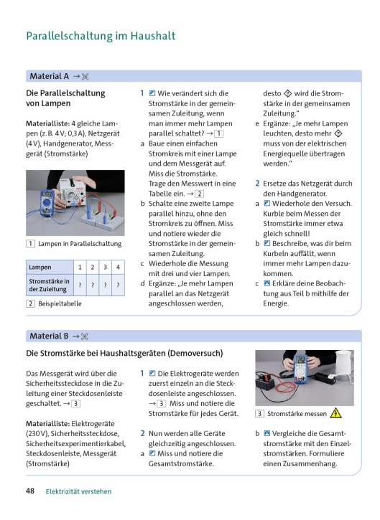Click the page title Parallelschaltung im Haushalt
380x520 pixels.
(x=101, y=36)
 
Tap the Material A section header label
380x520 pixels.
(x=49, y=76)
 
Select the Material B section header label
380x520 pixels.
(x=49, y=336)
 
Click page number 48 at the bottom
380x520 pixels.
(x=30, y=491)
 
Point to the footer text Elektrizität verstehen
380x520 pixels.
(x=79, y=491)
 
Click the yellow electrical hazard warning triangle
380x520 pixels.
(x=335, y=413)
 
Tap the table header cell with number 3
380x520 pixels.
(x=106, y=267)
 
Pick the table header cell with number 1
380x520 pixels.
(x=80, y=267)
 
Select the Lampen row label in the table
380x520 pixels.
(x=40, y=267)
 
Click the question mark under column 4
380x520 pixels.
(x=118, y=285)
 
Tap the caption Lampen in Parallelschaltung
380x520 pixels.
(x=80, y=244)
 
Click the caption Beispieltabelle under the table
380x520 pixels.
(x=60, y=303)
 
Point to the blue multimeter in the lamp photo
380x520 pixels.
(x=47, y=201)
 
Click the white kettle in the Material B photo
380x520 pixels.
(x=343, y=362)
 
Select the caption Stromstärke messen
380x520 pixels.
(x=297, y=414)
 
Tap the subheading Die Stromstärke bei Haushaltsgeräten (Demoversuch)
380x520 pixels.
(x=124, y=353)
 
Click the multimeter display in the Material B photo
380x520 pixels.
(x=300, y=360)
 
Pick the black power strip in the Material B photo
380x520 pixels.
(x=325, y=377)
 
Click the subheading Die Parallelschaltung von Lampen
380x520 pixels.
(x=65, y=98)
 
